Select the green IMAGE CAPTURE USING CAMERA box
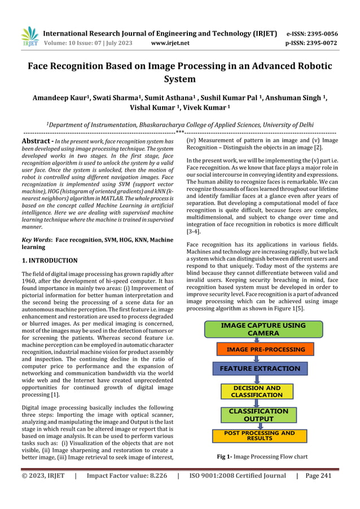(x=263, y=329)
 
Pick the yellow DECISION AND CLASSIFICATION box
(x=257, y=392)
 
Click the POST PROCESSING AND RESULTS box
(x=260, y=436)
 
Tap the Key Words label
(x=36, y=240)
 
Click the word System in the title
(x=179, y=79)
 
